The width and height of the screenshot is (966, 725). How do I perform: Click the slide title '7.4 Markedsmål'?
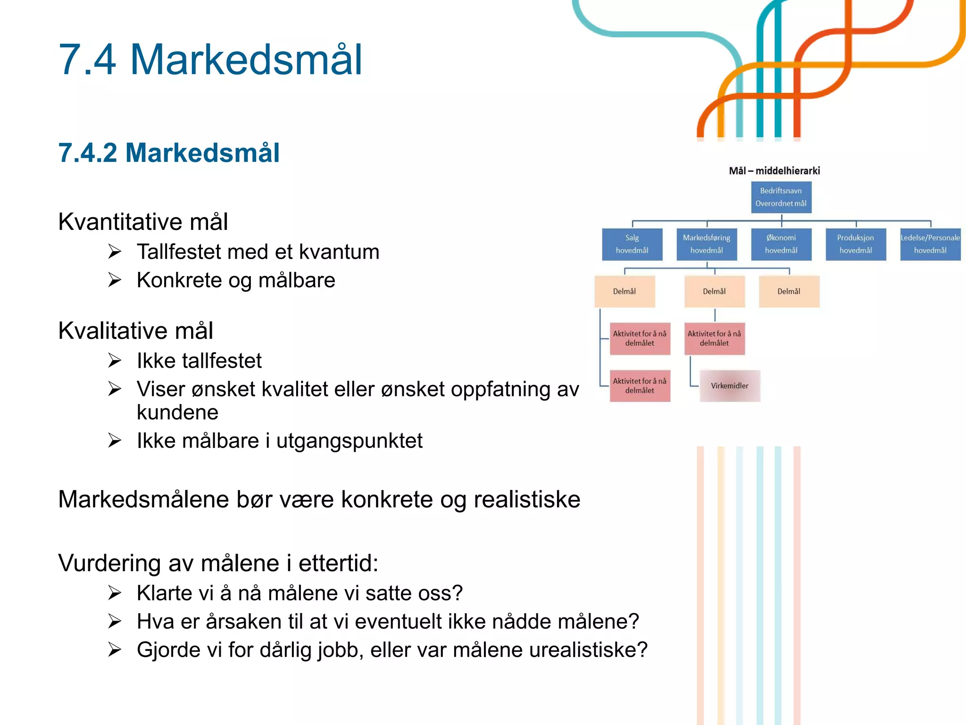pos(210,60)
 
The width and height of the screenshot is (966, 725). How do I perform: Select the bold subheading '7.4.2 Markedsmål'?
pos(169,153)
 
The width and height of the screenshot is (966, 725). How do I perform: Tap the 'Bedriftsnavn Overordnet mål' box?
pos(781,197)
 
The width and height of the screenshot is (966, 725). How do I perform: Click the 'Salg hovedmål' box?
pos(632,244)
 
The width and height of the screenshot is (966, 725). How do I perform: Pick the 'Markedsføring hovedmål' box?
pos(707,244)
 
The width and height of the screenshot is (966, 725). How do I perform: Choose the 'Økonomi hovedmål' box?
pos(781,244)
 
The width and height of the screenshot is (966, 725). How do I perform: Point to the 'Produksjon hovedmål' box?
pos(856,244)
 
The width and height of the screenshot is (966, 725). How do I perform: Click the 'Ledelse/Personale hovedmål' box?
pos(930,244)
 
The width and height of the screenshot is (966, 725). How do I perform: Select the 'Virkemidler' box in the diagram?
pos(730,386)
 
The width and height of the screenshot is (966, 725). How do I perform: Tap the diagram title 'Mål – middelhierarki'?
pos(774,171)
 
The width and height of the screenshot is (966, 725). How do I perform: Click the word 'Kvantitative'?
pos(120,222)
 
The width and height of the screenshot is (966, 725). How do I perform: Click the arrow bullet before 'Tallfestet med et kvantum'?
pos(115,252)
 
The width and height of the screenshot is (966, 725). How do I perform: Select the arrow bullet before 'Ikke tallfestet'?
pos(115,361)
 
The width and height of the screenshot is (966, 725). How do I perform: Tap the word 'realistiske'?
pos(527,499)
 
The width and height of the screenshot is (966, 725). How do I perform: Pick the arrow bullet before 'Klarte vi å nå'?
pos(115,593)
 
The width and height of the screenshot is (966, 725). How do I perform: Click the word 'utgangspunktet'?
pos(349,441)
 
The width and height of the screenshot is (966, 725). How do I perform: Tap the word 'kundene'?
pos(177,413)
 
